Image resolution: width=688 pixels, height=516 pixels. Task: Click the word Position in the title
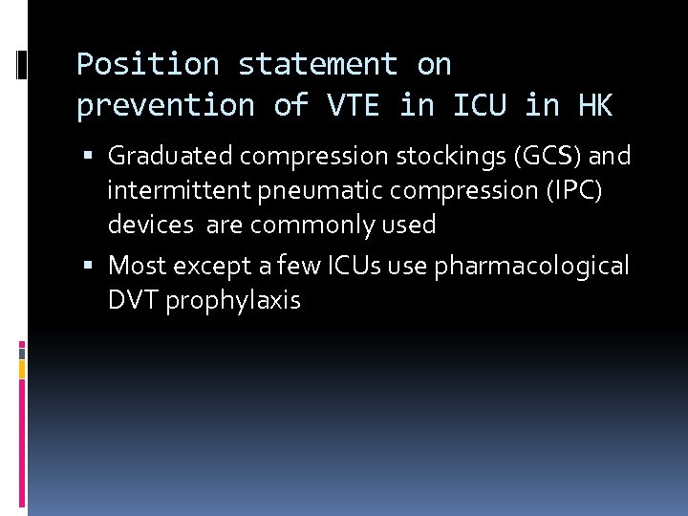147,65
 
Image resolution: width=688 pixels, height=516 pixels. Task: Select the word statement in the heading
317,65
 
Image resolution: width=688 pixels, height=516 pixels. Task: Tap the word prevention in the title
166,106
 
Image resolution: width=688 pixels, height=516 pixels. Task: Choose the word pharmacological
531,265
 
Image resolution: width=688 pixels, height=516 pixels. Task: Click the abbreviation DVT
133,300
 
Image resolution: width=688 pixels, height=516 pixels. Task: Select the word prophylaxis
233,300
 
